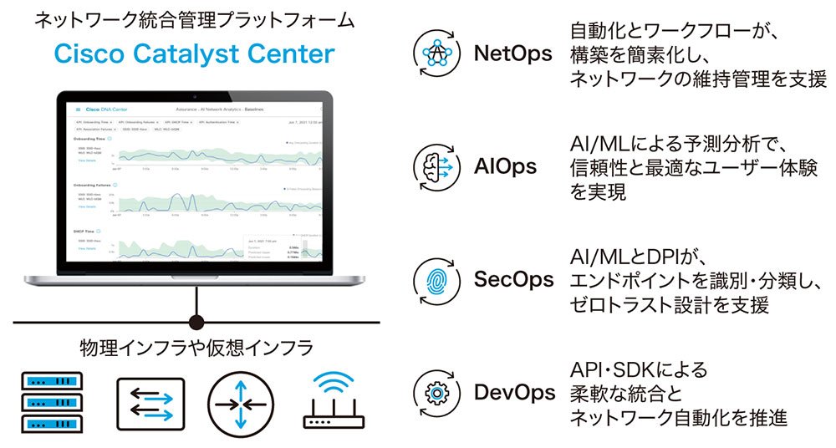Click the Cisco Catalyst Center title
point(194,54)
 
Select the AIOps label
point(507,166)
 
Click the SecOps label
point(513,279)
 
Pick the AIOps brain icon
point(437,166)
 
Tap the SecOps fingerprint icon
point(437,279)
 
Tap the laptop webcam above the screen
point(196,88)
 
